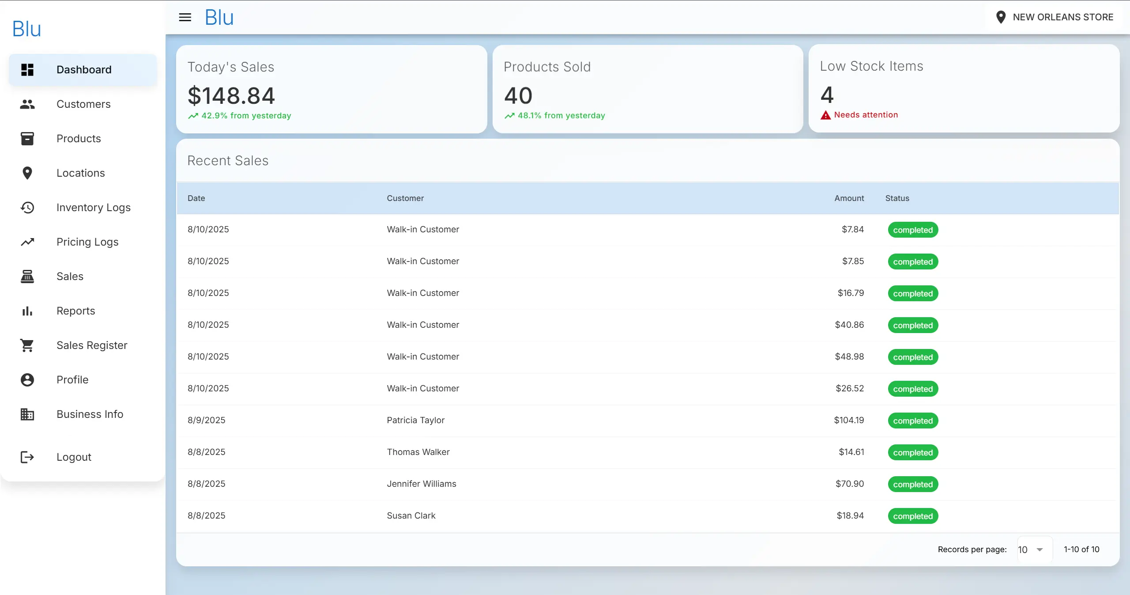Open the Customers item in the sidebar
pos(83,104)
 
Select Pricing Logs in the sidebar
pos(87,242)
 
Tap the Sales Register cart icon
pos(27,345)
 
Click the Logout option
pos(73,457)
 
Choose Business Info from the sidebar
pos(89,414)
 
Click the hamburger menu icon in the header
pos(185,17)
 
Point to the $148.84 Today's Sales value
pos(231,96)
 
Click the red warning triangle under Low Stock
pos(825,115)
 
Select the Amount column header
pos(849,198)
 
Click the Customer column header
pos(405,198)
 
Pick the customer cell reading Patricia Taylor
pos(415,420)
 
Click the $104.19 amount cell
pos(848,420)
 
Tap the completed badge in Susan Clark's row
pos(913,516)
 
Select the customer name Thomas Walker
pos(418,452)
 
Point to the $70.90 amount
pos(849,484)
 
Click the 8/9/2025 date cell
pos(206,420)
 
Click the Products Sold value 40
pos(518,95)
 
